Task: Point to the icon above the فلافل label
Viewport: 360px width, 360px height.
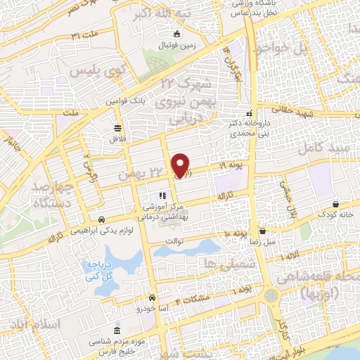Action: click(117, 128)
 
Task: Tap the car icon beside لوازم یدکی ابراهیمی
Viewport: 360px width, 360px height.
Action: click(102, 219)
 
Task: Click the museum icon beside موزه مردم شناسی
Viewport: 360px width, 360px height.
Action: click(116, 330)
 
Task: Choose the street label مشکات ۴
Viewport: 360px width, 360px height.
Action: click(192, 299)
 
